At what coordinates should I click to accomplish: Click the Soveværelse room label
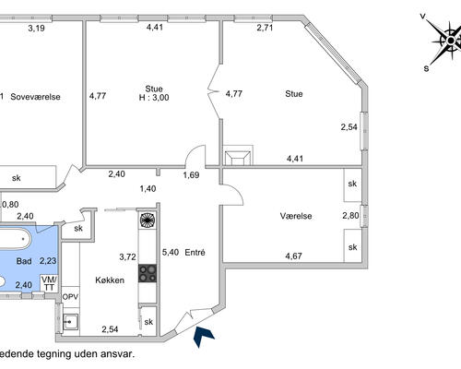tap(35, 97)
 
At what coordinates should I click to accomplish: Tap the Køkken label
tap(110, 280)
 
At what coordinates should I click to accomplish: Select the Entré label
tap(195, 253)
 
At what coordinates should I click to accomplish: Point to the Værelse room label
tap(296, 216)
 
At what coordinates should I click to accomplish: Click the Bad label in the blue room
tap(24, 261)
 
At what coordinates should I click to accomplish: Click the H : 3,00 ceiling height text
tap(154, 98)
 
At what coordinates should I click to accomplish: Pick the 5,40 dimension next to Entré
tap(171, 253)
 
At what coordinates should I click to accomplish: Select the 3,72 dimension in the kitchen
tap(127, 256)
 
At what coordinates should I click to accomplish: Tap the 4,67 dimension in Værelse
tap(293, 256)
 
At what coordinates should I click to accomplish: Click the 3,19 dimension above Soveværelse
tap(36, 29)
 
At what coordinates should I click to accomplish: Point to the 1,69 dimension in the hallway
tap(191, 175)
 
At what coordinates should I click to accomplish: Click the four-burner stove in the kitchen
tap(148, 273)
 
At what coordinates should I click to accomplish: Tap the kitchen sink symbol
tap(71, 322)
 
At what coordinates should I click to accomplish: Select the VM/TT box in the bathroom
tap(49, 283)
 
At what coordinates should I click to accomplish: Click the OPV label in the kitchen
tap(70, 297)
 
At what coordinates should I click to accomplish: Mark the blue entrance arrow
tap(203, 337)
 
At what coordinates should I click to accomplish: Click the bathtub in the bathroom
tap(15, 239)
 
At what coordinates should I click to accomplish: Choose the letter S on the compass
tap(426, 68)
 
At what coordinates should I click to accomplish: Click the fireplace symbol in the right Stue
tap(238, 158)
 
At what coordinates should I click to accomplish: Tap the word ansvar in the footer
tap(119, 354)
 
